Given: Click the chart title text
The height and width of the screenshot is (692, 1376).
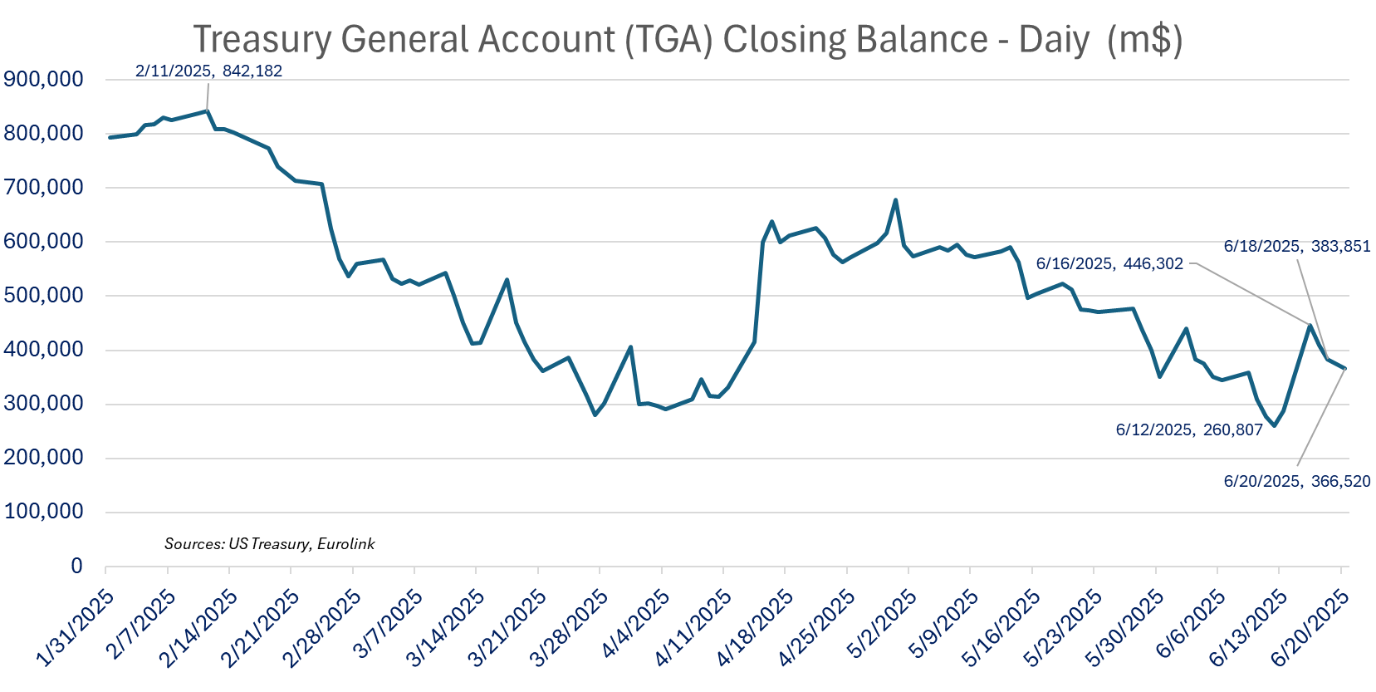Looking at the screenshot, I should [x=688, y=39].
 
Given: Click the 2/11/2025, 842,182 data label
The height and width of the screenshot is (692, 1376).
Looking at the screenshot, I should [x=208, y=71].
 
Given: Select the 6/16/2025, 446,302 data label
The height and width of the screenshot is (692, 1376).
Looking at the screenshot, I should [x=1109, y=264].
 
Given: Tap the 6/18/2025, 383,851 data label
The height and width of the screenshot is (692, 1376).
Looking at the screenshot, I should [x=1296, y=246].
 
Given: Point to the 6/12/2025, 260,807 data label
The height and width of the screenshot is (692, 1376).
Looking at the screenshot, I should [x=1188, y=429].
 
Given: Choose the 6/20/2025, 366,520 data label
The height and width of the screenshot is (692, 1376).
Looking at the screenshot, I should [x=1296, y=481].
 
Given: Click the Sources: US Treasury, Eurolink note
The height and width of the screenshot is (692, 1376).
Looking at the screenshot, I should [x=269, y=544].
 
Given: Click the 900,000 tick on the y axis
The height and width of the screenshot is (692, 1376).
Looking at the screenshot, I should [x=44, y=80].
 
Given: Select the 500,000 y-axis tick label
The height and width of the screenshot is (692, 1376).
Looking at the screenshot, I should [x=44, y=296].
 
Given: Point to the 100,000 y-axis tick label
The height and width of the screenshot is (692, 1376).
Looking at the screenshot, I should [x=44, y=512].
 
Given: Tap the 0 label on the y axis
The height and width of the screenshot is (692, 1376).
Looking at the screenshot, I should [x=76, y=566].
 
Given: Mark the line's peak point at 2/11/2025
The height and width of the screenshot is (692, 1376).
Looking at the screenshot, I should [x=207, y=110].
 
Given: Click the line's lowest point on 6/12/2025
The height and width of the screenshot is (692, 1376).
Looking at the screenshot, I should [x=1275, y=425].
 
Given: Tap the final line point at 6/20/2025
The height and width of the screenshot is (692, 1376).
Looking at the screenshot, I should [x=1344, y=369].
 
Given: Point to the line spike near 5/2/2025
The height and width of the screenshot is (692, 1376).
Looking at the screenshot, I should [x=895, y=199].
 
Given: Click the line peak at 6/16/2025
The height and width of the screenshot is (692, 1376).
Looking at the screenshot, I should [x=1310, y=325].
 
